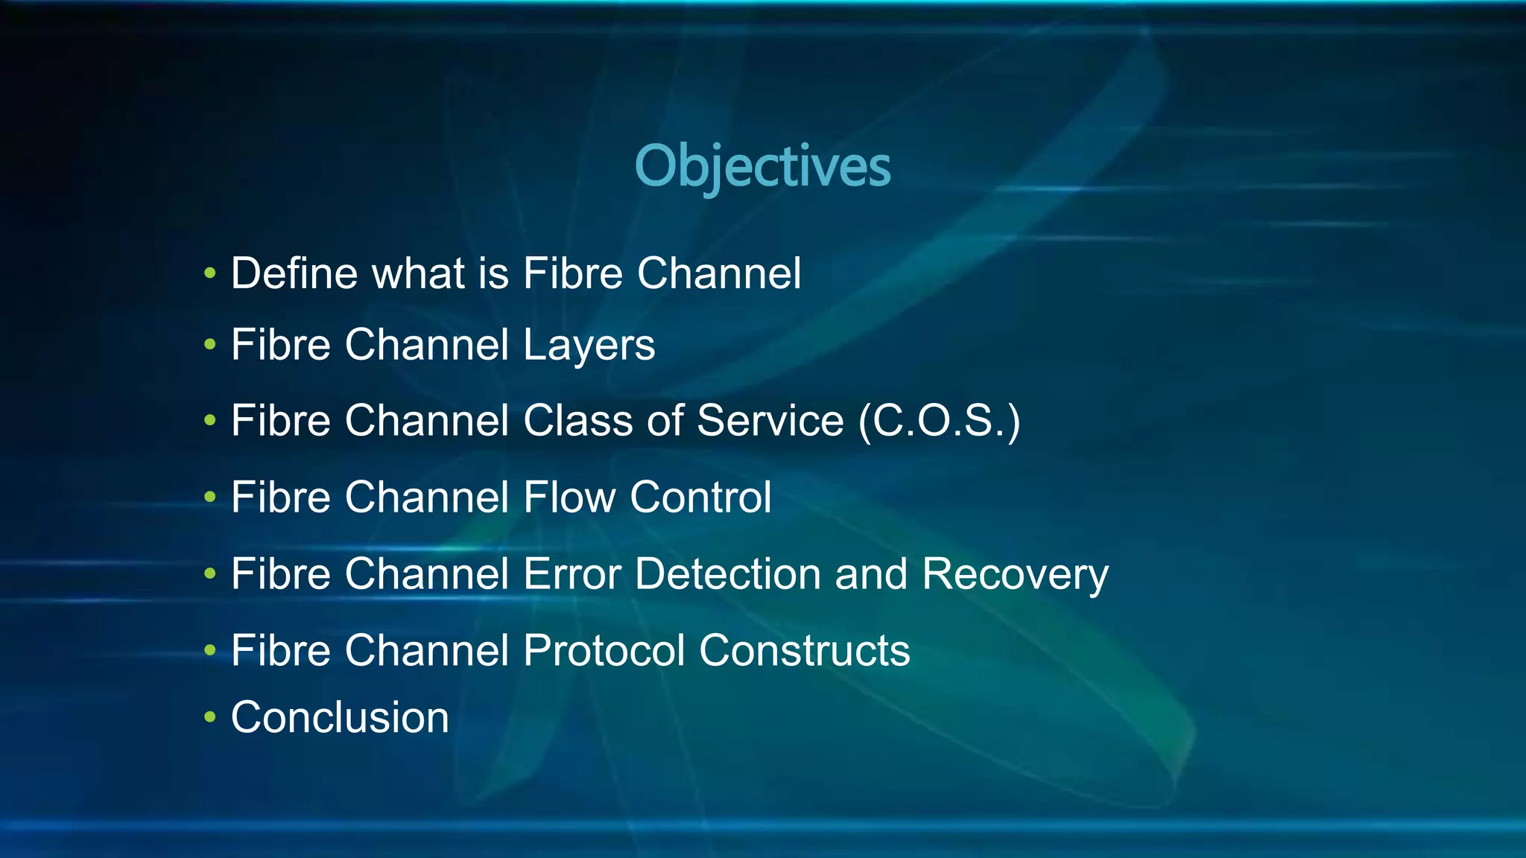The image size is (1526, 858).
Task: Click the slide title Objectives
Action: click(x=762, y=166)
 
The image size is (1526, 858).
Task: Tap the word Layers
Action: click(x=589, y=345)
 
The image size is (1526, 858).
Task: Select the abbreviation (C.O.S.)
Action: click(x=939, y=421)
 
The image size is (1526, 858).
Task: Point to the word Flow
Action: click(x=569, y=497)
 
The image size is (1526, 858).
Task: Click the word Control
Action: click(x=700, y=497)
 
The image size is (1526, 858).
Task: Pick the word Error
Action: click(x=572, y=574)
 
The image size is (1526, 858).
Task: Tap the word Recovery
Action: click(x=1015, y=574)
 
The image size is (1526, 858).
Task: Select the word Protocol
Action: click(x=604, y=650)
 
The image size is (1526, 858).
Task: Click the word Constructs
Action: click(x=804, y=650)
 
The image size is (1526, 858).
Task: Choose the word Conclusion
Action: click(x=340, y=717)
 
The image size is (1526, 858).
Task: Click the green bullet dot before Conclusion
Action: click(x=210, y=717)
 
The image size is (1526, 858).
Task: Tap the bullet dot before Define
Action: click(x=210, y=273)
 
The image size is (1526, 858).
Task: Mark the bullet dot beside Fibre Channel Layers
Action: click(x=210, y=345)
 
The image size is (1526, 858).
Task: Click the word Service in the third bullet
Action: click(x=770, y=421)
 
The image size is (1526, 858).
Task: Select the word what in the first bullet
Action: click(x=418, y=273)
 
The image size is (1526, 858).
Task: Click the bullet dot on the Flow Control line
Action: click(x=210, y=497)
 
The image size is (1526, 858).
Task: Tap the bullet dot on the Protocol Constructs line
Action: click(x=210, y=650)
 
